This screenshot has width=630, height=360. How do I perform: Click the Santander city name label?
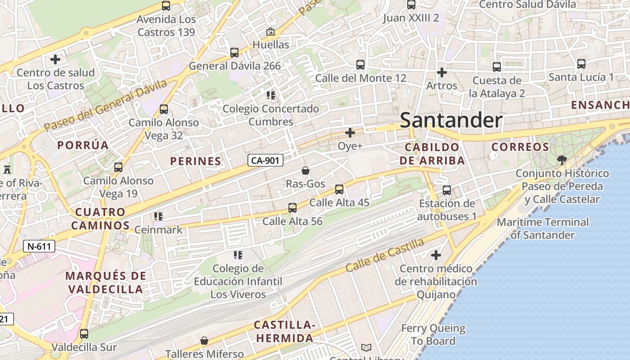tap(451, 120)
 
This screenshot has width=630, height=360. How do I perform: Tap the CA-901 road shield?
tap(265, 160)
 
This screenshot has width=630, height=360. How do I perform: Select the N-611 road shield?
tap(39, 246)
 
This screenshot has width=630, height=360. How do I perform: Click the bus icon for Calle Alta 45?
tap(339, 189)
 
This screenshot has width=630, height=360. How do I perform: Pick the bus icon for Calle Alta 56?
tap(292, 208)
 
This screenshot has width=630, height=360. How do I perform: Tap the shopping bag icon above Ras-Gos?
tap(306, 171)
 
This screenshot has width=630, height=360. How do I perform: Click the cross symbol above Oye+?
tap(350, 133)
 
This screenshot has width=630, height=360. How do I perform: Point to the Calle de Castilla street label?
tap(385, 255)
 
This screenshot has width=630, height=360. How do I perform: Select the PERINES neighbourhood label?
tap(196, 161)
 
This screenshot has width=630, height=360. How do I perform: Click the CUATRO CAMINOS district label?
tap(100, 219)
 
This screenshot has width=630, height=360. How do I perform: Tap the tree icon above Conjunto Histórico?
tap(562, 160)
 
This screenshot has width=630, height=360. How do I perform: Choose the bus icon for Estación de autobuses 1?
tap(446, 190)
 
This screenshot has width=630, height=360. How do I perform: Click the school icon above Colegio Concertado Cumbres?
tap(270, 95)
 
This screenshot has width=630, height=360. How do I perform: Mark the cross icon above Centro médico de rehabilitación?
tap(436, 255)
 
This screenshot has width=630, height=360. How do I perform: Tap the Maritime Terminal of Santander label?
tap(542, 228)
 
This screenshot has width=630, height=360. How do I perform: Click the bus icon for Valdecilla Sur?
tap(84, 334)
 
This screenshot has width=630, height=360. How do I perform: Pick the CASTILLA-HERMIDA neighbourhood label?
tap(283, 332)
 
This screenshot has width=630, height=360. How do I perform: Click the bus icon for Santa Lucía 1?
tap(581, 64)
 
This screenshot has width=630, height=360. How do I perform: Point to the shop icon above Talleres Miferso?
tap(204, 341)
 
